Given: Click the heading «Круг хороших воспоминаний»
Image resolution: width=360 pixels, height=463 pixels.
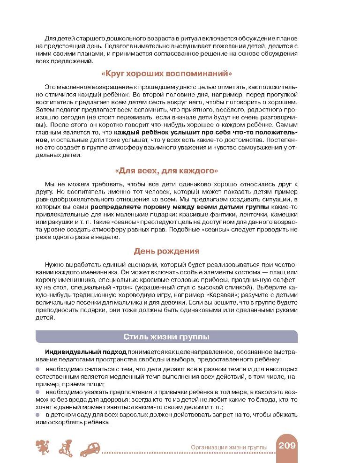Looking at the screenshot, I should (167, 74).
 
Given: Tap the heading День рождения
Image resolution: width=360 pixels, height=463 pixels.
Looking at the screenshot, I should (166, 251).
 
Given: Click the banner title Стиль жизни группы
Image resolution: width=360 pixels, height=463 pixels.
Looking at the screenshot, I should (166, 336).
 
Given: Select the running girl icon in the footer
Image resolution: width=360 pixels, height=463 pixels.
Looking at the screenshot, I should (43, 447).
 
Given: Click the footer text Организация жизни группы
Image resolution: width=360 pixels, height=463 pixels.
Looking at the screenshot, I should (229, 448).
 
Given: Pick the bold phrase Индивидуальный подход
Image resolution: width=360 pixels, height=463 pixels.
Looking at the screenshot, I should (73, 351).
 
